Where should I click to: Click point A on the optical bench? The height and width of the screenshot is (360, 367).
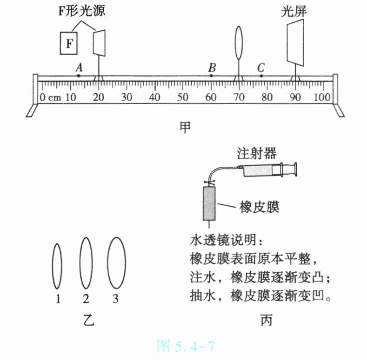coord(79,75)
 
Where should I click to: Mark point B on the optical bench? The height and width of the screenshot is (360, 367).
coord(212,75)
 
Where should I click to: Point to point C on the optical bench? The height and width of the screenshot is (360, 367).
coord(261,75)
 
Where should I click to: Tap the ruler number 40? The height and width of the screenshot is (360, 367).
coord(154,98)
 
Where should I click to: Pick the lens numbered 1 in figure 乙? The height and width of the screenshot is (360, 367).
coord(57,266)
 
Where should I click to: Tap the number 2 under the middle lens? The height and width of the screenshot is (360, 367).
coord(86,299)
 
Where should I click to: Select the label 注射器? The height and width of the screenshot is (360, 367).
coord(256,153)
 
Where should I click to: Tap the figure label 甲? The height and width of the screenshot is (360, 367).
coord(185,127)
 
